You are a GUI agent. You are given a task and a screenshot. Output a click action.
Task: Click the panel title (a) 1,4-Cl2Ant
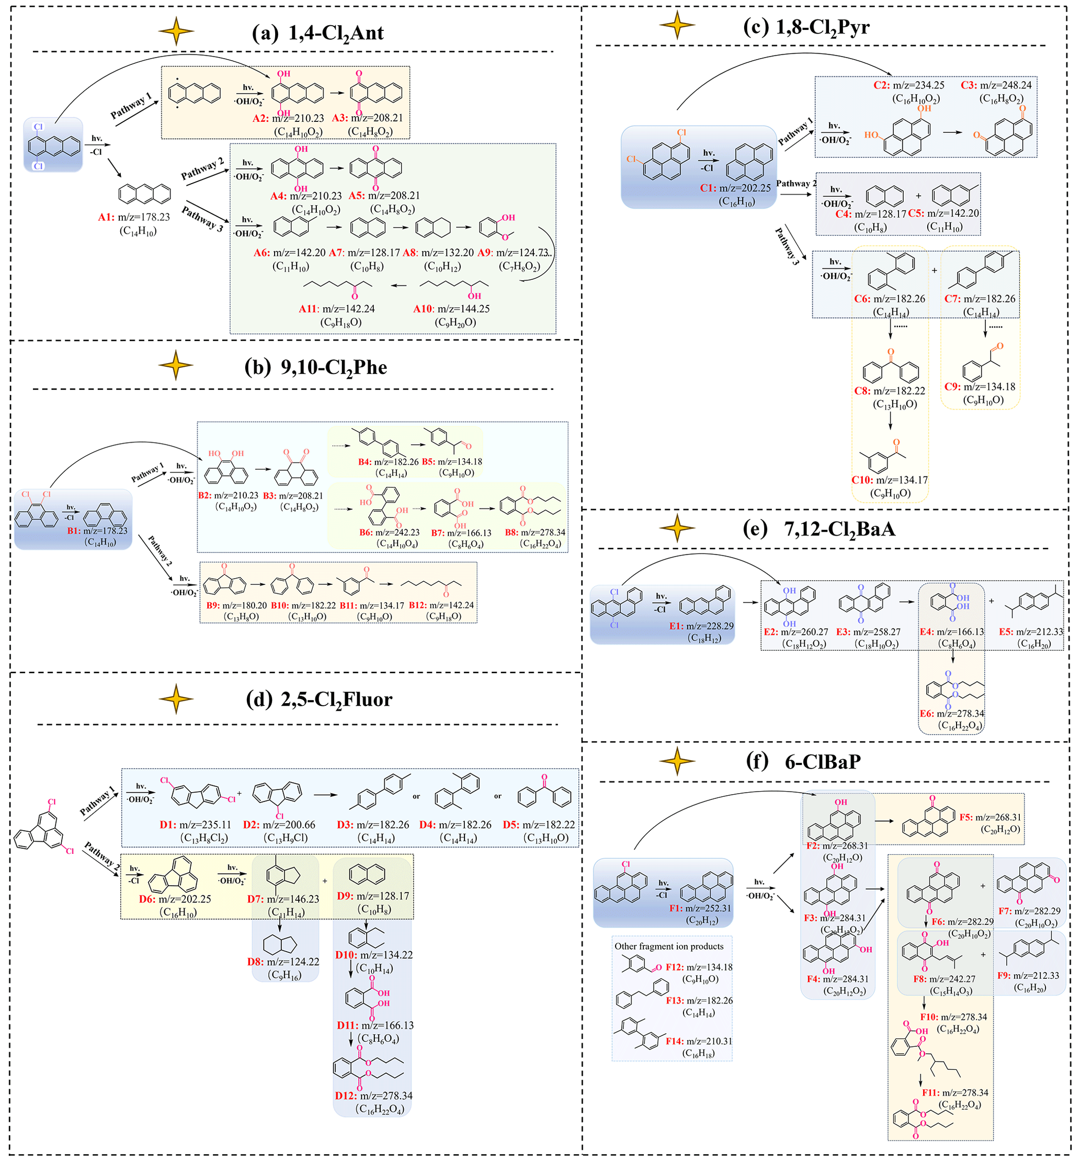pyautogui.click(x=317, y=33)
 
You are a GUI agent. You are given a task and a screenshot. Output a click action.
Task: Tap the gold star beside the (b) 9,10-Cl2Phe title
pyautogui.click(x=175, y=365)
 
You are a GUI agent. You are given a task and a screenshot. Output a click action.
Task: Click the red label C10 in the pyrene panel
pyautogui.click(x=862, y=480)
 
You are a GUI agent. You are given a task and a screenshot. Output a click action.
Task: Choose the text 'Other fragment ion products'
pyautogui.click(x=668, y=946)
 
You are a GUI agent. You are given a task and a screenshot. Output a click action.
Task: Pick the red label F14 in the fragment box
pyautogui.click(x=674, y=1041)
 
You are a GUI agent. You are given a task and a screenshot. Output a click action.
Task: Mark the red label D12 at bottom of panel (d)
pyautogui.click(x=345, y=1096)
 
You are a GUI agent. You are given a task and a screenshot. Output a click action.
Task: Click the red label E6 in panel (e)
pyautogui.click(x=927, y=714)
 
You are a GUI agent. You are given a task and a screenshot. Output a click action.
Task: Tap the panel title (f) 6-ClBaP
pyautogui.click(x=803, y=762)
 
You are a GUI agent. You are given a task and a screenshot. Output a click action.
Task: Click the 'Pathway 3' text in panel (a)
pyautogui.click(x=202, y=219)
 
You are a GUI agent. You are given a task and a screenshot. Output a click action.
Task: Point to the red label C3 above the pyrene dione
pyautogui.click(x=969, y=85)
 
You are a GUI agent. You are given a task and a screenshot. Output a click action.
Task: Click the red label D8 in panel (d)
pyautogui.click(x=255, y=962)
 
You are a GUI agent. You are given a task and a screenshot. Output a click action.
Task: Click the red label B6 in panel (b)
pyautogui.click(x=366, y=533)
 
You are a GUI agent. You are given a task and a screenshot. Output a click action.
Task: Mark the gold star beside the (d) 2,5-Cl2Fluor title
pyautogui.click(x=175, y=699)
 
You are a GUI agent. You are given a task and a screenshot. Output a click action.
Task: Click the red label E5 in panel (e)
pyautogui.click(x=1006, y=632)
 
